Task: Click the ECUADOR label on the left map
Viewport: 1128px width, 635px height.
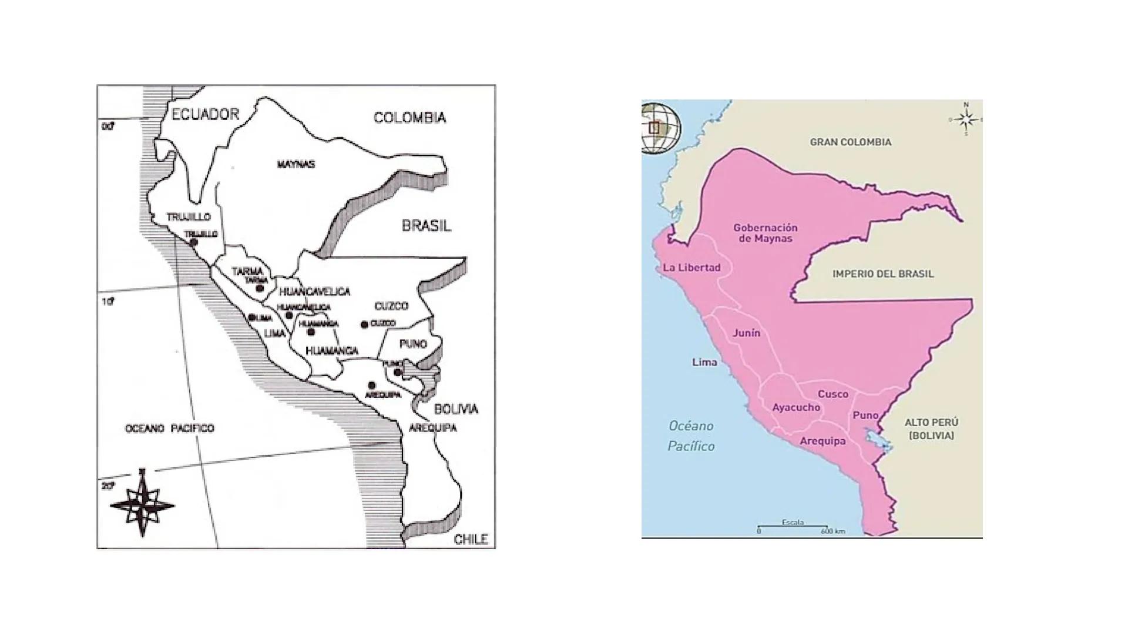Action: click(205, 114)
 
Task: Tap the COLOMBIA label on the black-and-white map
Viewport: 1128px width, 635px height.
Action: click(409, 118)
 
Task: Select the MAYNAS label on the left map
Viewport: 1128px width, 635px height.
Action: click(296, 164)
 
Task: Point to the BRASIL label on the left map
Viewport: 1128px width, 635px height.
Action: click(426, 226)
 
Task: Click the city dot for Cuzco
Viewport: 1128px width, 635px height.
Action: click(364, 325)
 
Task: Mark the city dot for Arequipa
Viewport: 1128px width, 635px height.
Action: click(371, 385)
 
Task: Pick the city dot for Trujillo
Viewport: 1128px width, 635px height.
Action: click(193, 242)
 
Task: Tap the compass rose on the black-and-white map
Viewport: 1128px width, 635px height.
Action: click(142, 504)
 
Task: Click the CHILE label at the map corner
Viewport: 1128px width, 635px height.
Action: click(471, 539)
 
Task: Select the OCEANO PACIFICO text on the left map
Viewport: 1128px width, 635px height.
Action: click(170, 429)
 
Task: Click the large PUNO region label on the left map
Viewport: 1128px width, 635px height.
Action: click(412, 344)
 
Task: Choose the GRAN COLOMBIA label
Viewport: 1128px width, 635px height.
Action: click(850, 142)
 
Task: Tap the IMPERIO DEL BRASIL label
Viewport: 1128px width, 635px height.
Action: click(882, 274)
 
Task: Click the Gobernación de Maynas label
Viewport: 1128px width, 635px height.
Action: click(766, 233)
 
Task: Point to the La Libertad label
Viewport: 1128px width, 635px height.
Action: click(691, 268)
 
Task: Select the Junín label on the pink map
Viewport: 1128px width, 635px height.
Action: click(746, 333)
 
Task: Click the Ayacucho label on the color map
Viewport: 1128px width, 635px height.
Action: click(795, 407)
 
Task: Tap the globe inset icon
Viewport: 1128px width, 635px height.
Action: click(660, 128)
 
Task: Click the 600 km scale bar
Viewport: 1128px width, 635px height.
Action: click(793, 527)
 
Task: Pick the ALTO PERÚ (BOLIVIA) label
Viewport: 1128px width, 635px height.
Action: click(931, 429)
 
